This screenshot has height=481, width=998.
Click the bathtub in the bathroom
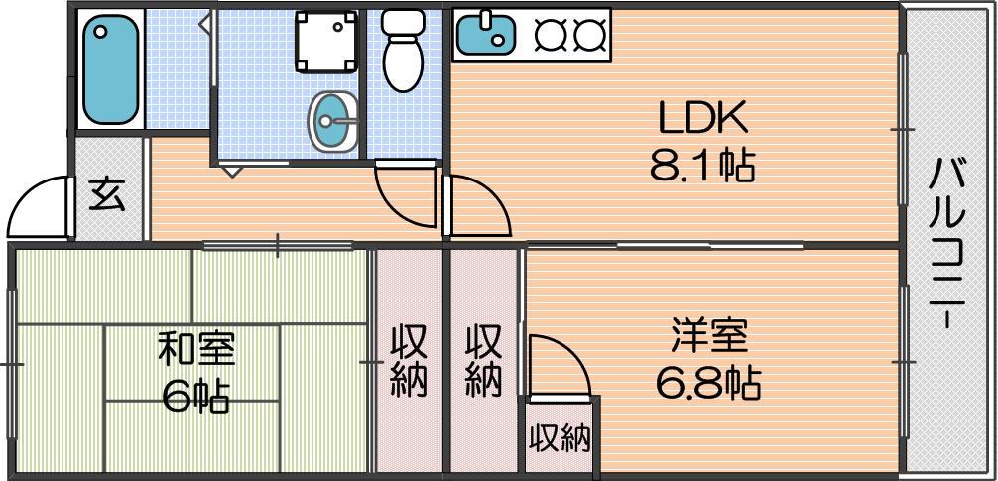pos(110,69)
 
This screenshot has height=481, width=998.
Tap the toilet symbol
pos(402,51)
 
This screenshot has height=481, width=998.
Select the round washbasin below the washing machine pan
pos(333,121)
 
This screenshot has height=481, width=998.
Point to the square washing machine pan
pos(325,42)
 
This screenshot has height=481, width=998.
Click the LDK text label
pos(702,119)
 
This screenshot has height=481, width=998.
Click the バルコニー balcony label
pos(948,244)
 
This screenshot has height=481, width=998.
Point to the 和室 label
pos(196,351)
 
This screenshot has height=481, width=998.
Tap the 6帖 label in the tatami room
pos(196,398)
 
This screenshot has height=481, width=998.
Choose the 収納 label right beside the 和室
pos(408,361)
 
